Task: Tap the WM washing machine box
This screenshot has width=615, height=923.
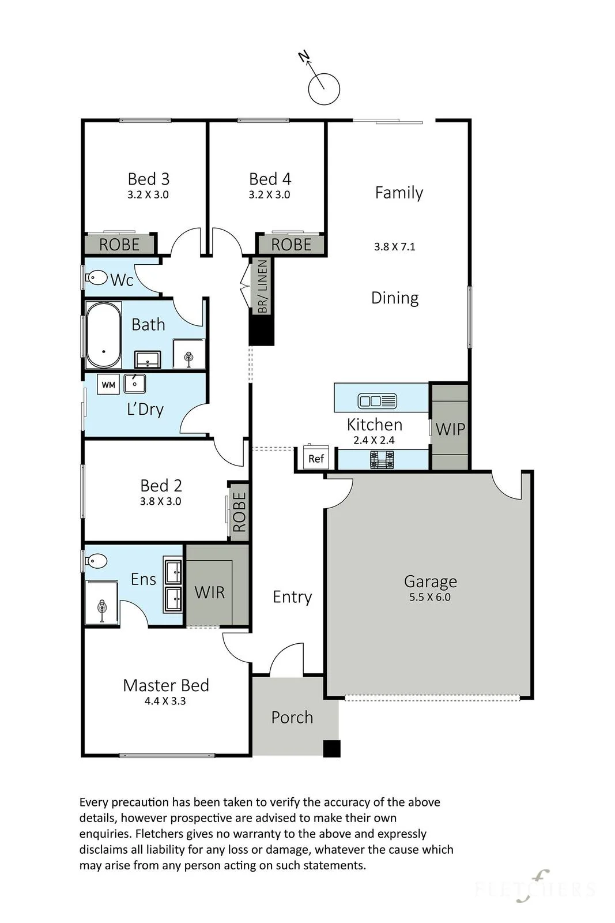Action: click(108, 384)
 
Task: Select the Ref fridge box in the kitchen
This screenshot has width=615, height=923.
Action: click(316, 457)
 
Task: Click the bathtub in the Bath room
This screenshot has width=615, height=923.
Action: click(103, 335)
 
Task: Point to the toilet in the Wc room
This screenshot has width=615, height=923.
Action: click(96, 277)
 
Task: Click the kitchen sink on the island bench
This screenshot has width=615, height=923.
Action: click(377, 400)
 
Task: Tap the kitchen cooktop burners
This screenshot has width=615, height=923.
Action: click(382, 459)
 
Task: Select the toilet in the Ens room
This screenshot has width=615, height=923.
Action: click(96, 561)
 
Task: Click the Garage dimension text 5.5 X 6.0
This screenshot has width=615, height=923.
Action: click(430, 597)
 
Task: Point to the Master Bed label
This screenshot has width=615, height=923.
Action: click(166, 685)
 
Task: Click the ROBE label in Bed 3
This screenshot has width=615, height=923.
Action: click(119, 245)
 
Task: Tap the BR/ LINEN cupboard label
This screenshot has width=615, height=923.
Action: click(263, 286)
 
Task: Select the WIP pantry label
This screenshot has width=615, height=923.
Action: click(450, 429)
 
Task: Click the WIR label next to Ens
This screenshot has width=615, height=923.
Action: click(210, 592)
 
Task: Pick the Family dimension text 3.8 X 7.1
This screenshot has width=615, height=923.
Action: click(394, 247)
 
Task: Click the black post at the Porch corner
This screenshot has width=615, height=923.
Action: click(331, 749)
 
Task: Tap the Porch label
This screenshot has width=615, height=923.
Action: click(292, 718)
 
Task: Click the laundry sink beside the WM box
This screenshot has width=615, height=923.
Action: click(135, 383)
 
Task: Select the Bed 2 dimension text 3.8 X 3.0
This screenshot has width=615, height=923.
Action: click(161, 501)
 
